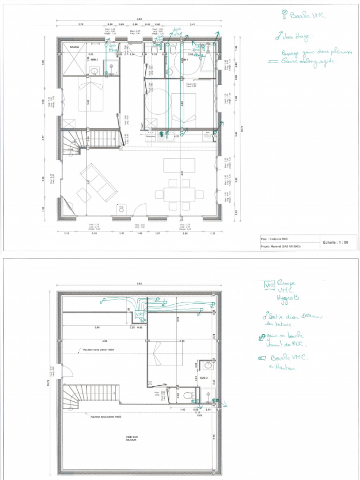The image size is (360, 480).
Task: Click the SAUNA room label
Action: [75, 47]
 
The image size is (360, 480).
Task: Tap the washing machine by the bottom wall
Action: [121, 209]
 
